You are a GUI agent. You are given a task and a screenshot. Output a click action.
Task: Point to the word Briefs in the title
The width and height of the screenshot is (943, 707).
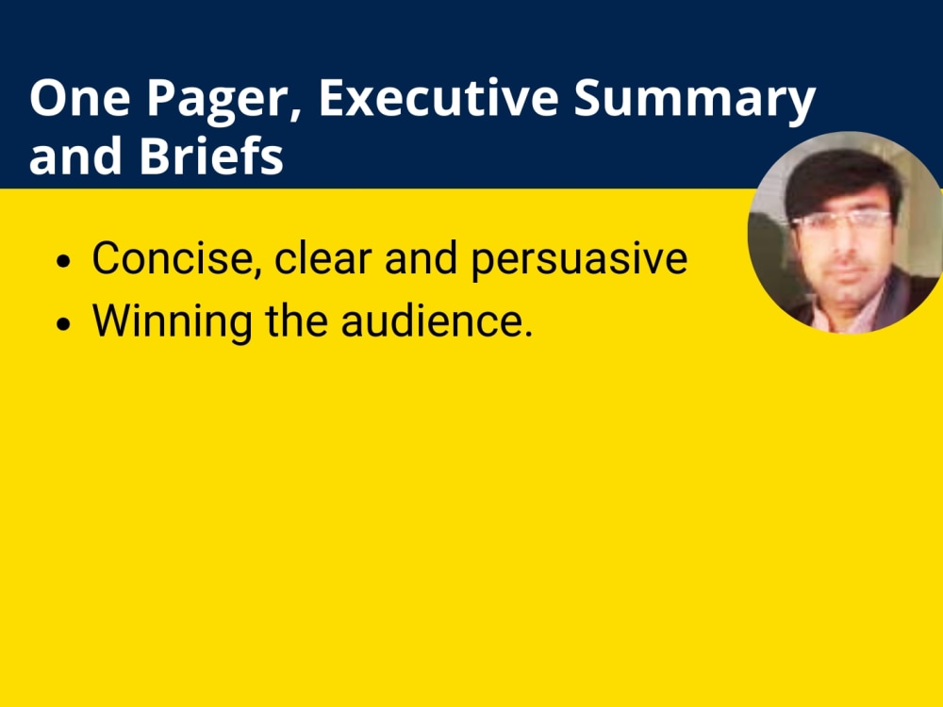[211, 156]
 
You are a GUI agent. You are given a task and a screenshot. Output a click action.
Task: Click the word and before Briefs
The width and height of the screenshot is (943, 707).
[77, 156]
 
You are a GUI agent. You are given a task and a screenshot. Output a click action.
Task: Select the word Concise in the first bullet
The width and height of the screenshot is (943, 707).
[175, 258]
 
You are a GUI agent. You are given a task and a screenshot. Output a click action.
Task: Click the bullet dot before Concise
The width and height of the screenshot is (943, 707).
[63, 260]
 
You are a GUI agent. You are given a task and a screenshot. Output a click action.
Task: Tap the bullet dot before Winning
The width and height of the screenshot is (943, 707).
[63, 323]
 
